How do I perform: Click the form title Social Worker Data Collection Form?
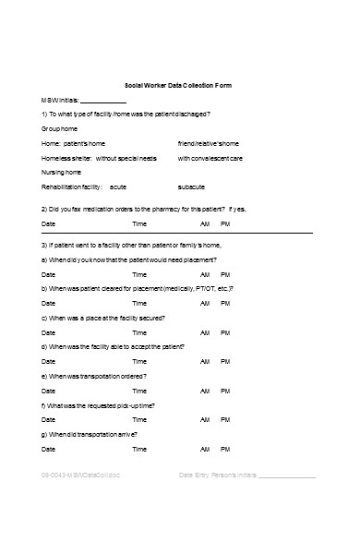(178, 85)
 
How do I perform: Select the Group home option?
(61, 129)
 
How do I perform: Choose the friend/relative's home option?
(208, 144)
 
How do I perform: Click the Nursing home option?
(63, 173)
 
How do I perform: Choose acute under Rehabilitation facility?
(117, 187)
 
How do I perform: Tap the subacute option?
(192, 187)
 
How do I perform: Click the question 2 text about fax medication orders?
(144, 209)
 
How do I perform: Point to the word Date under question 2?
(50, 223)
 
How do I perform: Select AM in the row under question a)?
(205, 275)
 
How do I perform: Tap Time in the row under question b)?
(139, 304)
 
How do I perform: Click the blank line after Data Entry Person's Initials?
(287, 477)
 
